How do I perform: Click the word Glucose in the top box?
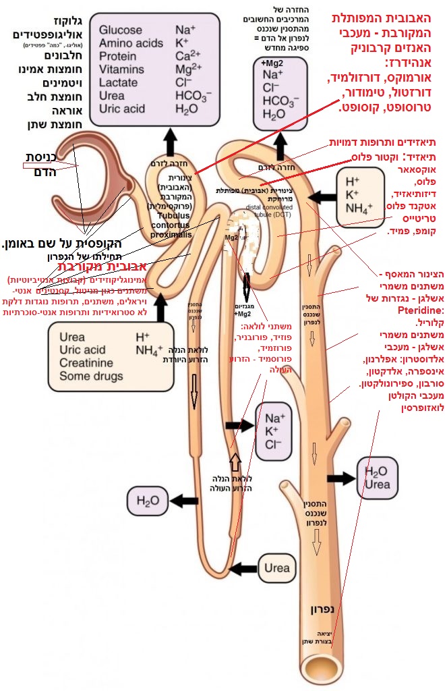(x=121, y=30)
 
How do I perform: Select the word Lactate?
(x=118, y=82)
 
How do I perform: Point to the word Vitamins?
(x=121, y=69)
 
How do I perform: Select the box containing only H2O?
(x=147, y=500)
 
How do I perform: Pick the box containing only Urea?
(x=277, y=568)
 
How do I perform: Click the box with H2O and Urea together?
(x=377, y=478)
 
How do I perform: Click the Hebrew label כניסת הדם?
(x=34, y=165)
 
